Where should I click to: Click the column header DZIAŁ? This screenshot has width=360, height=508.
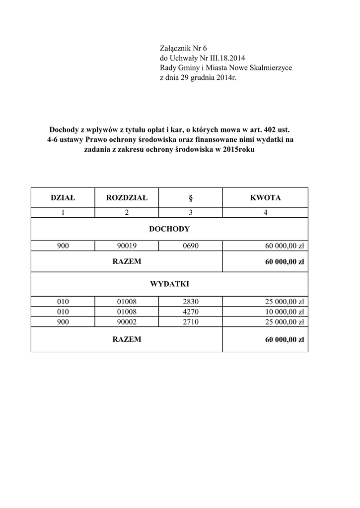pyautogui.click(x=63, y=198)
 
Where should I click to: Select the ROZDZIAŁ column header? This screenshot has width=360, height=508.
pyautogui.click(x=127, y=198)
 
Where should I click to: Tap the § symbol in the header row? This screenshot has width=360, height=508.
pyautogui.click(x=191, y=198)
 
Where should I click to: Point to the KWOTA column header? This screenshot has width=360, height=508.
pyautogui.click(x=265, y=198)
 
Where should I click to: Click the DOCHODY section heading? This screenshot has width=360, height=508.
pyautogui.click(x=169, y=229)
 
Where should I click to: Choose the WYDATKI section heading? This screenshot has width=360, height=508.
pyautogui.click(x=169, y=284)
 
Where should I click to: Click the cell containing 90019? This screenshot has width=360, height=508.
pyautogui.click(x=127, y=246)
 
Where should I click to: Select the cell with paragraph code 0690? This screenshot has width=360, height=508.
pyautogui.click(x=191, y=246)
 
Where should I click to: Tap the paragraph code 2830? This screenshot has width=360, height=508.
pyautogui.click(x=191, y=301)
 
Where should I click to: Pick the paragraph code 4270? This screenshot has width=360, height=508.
pyautogui.click(x=191, y=311)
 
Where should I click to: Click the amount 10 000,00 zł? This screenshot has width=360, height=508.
pyautogui.click(x=283, y=311)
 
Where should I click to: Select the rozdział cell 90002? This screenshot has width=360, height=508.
pyautogui.click(x=127, y=321)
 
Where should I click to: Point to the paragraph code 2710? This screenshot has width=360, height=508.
pyautogui.click(x=191, y=321)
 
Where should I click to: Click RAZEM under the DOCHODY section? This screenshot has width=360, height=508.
pyautogui.click(x=127, y=261)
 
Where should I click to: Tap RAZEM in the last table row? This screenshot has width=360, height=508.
pyautogui.click(x=127, y=340)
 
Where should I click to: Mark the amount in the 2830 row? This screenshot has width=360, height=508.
pyautogui.click(x=283, y=301)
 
